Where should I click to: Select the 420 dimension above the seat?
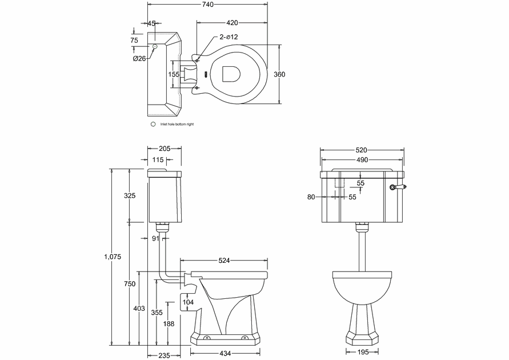(x=232, y=23)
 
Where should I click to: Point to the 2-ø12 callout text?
(x=229, y=37)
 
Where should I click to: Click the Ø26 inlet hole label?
(x=139, y=58)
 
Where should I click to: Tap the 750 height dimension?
(x=130, y=283)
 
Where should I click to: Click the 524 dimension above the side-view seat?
(x=224, y=261)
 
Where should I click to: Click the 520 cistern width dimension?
(x=362, y=150)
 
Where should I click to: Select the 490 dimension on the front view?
(x=362, y=161)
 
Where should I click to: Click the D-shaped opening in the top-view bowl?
(x=231, y=74)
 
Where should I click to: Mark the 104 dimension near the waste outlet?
(x=188, y=302)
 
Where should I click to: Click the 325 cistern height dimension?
(x=130, y=196)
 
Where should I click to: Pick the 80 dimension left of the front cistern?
(x=311, y=197)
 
